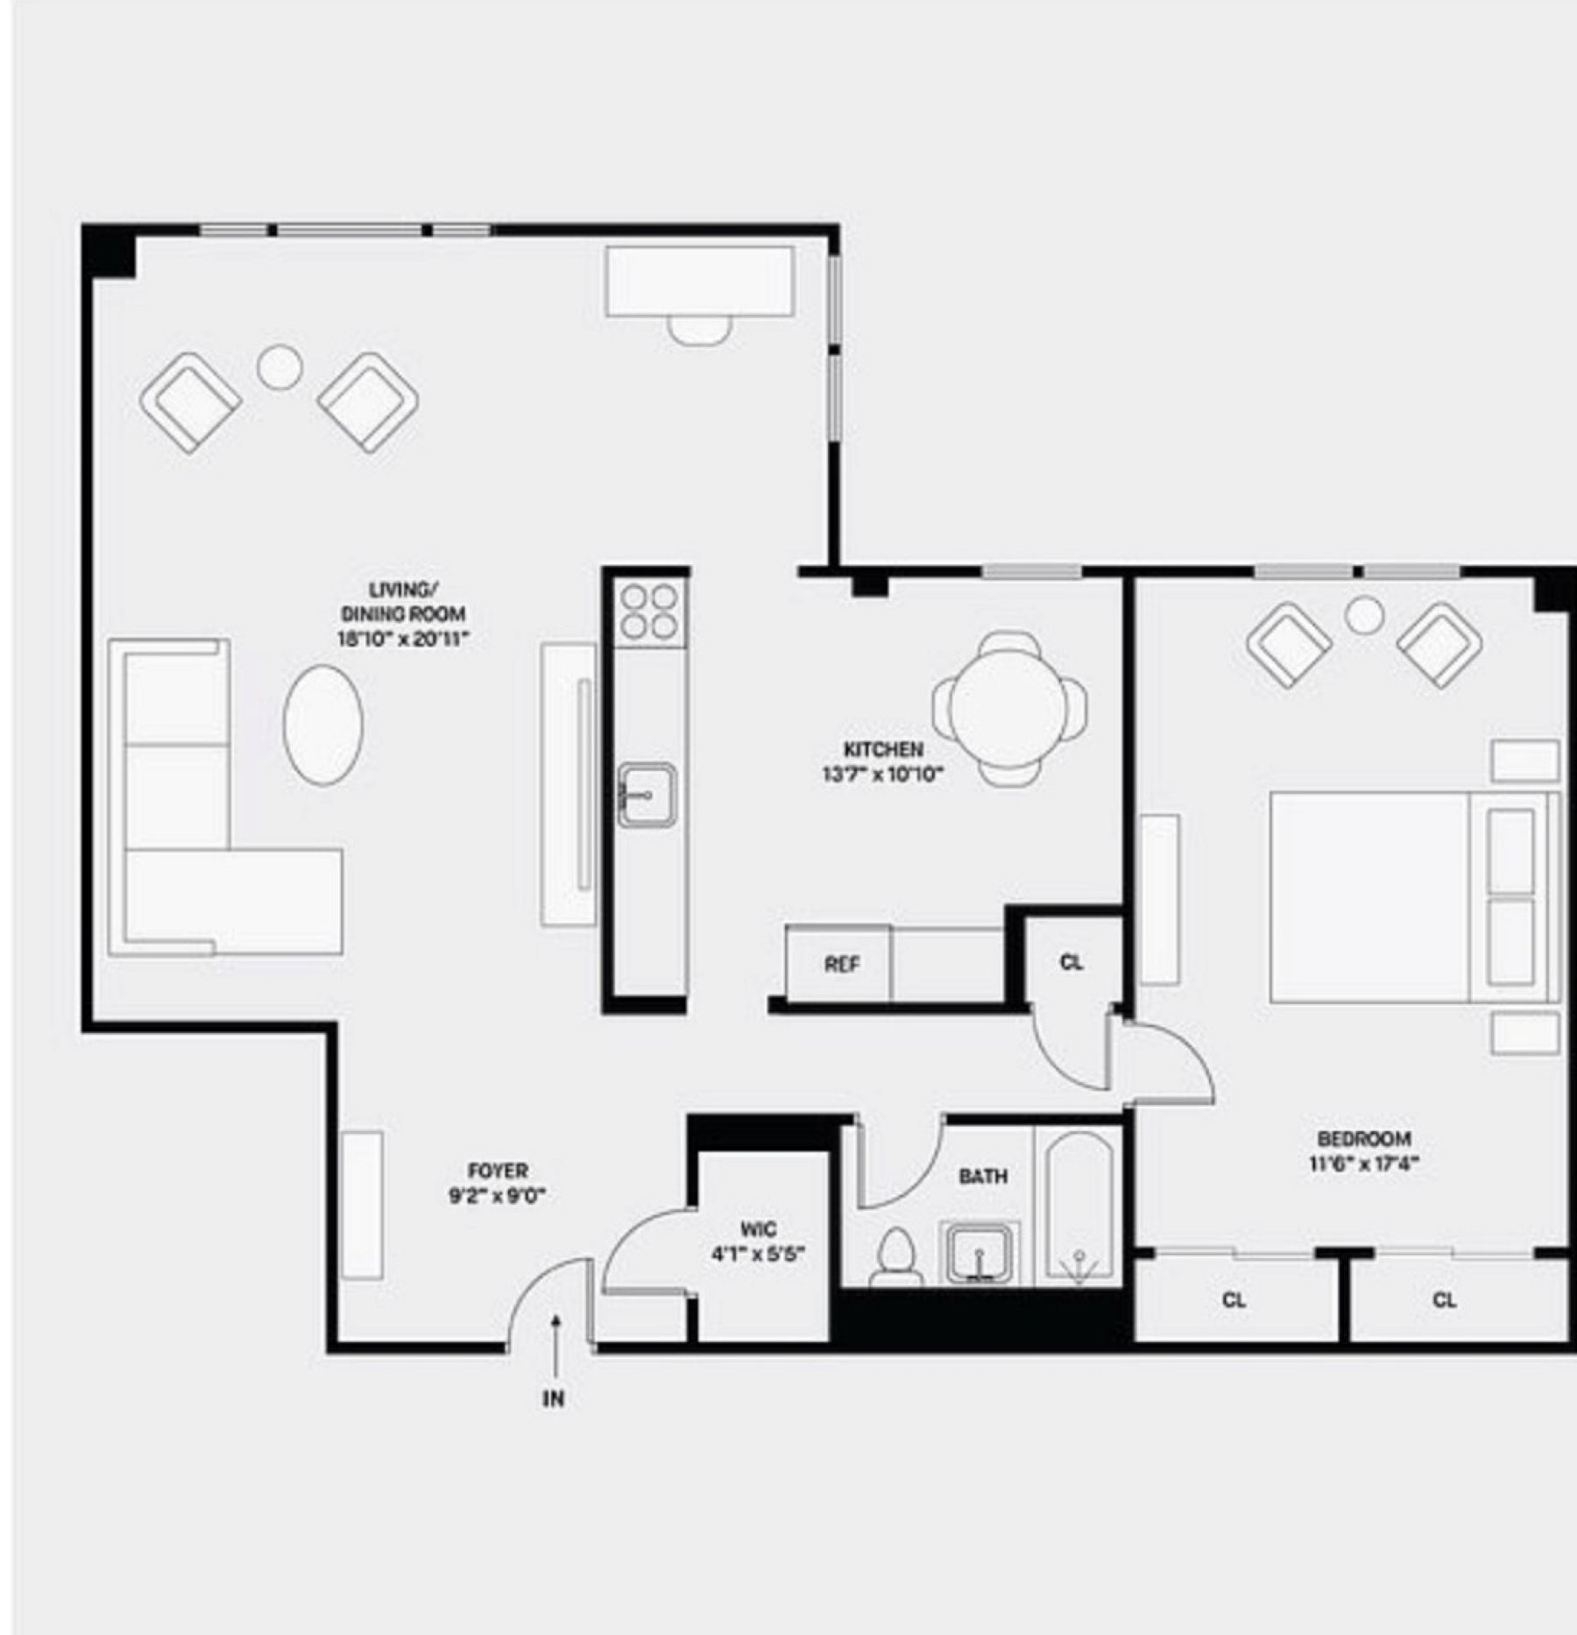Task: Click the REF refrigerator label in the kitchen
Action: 841,965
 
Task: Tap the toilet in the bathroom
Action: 895,1258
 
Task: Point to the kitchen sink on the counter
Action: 647,794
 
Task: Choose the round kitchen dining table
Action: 1009,709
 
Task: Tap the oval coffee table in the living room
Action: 323,724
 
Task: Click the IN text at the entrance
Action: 553,1399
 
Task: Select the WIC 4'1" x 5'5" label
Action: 758,1242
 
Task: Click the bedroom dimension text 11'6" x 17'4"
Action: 1364,1164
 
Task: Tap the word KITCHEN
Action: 882,749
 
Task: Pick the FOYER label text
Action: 498,1171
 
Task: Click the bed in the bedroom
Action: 1402,896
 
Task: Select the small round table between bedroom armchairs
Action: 1364,615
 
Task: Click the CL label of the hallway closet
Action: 1071,962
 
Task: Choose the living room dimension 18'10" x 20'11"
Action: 403,639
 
